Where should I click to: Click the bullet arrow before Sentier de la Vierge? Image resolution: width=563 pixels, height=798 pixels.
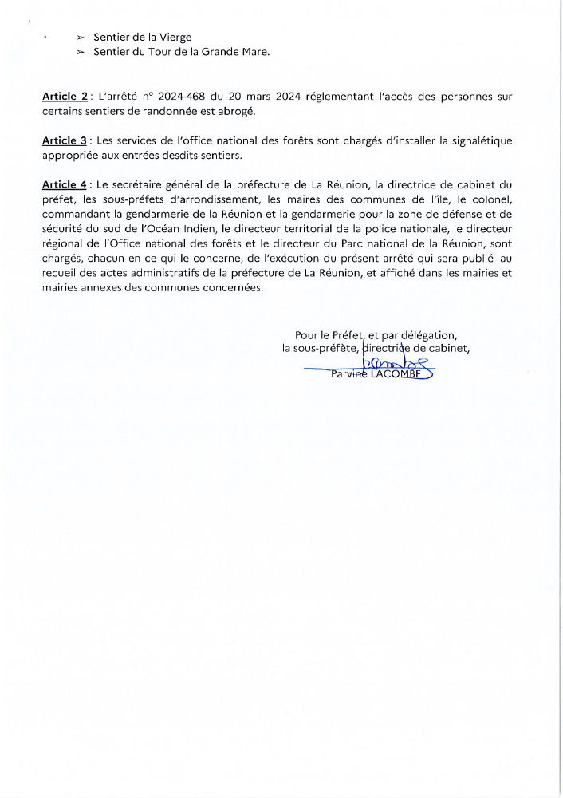click(x=81, y=38)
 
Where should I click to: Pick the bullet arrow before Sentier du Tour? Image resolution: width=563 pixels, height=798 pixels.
click(x=81, y=52)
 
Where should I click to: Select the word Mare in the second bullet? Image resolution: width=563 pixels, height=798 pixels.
click(x=254, y=52)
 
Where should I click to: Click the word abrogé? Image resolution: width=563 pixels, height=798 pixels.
click(x=235, y=110)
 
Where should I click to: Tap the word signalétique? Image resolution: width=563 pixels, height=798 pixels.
click(x=477, y=141)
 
